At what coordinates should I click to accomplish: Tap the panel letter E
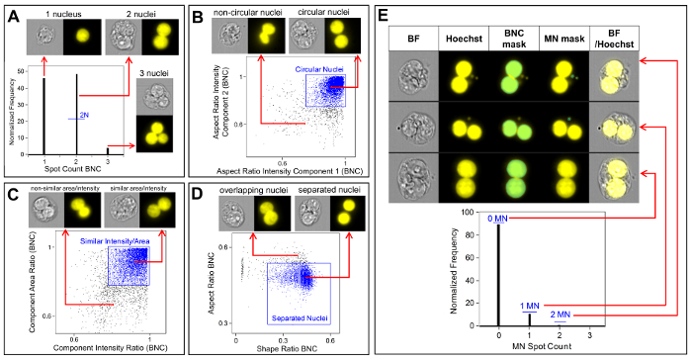click(388, 16)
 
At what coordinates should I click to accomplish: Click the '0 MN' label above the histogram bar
click(499, 219)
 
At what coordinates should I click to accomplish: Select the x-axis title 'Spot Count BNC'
click(77, 174)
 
